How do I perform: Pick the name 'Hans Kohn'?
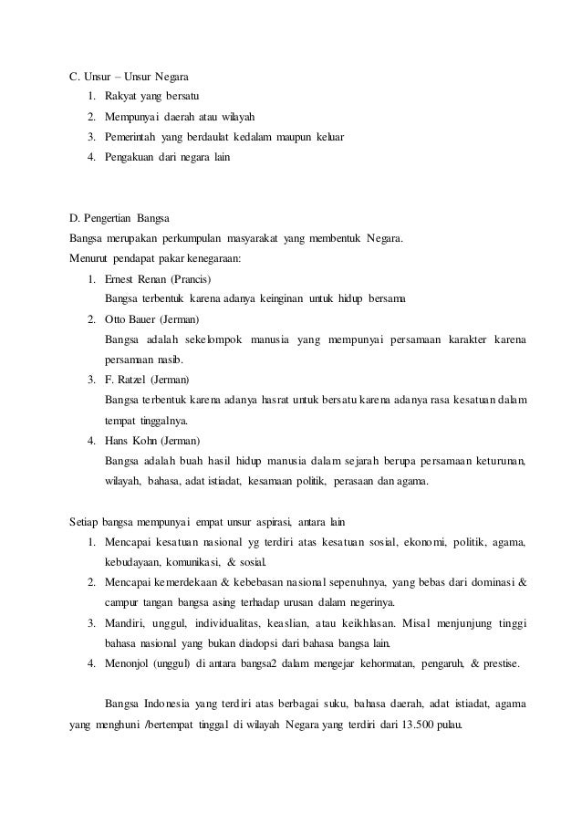(131, 440)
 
